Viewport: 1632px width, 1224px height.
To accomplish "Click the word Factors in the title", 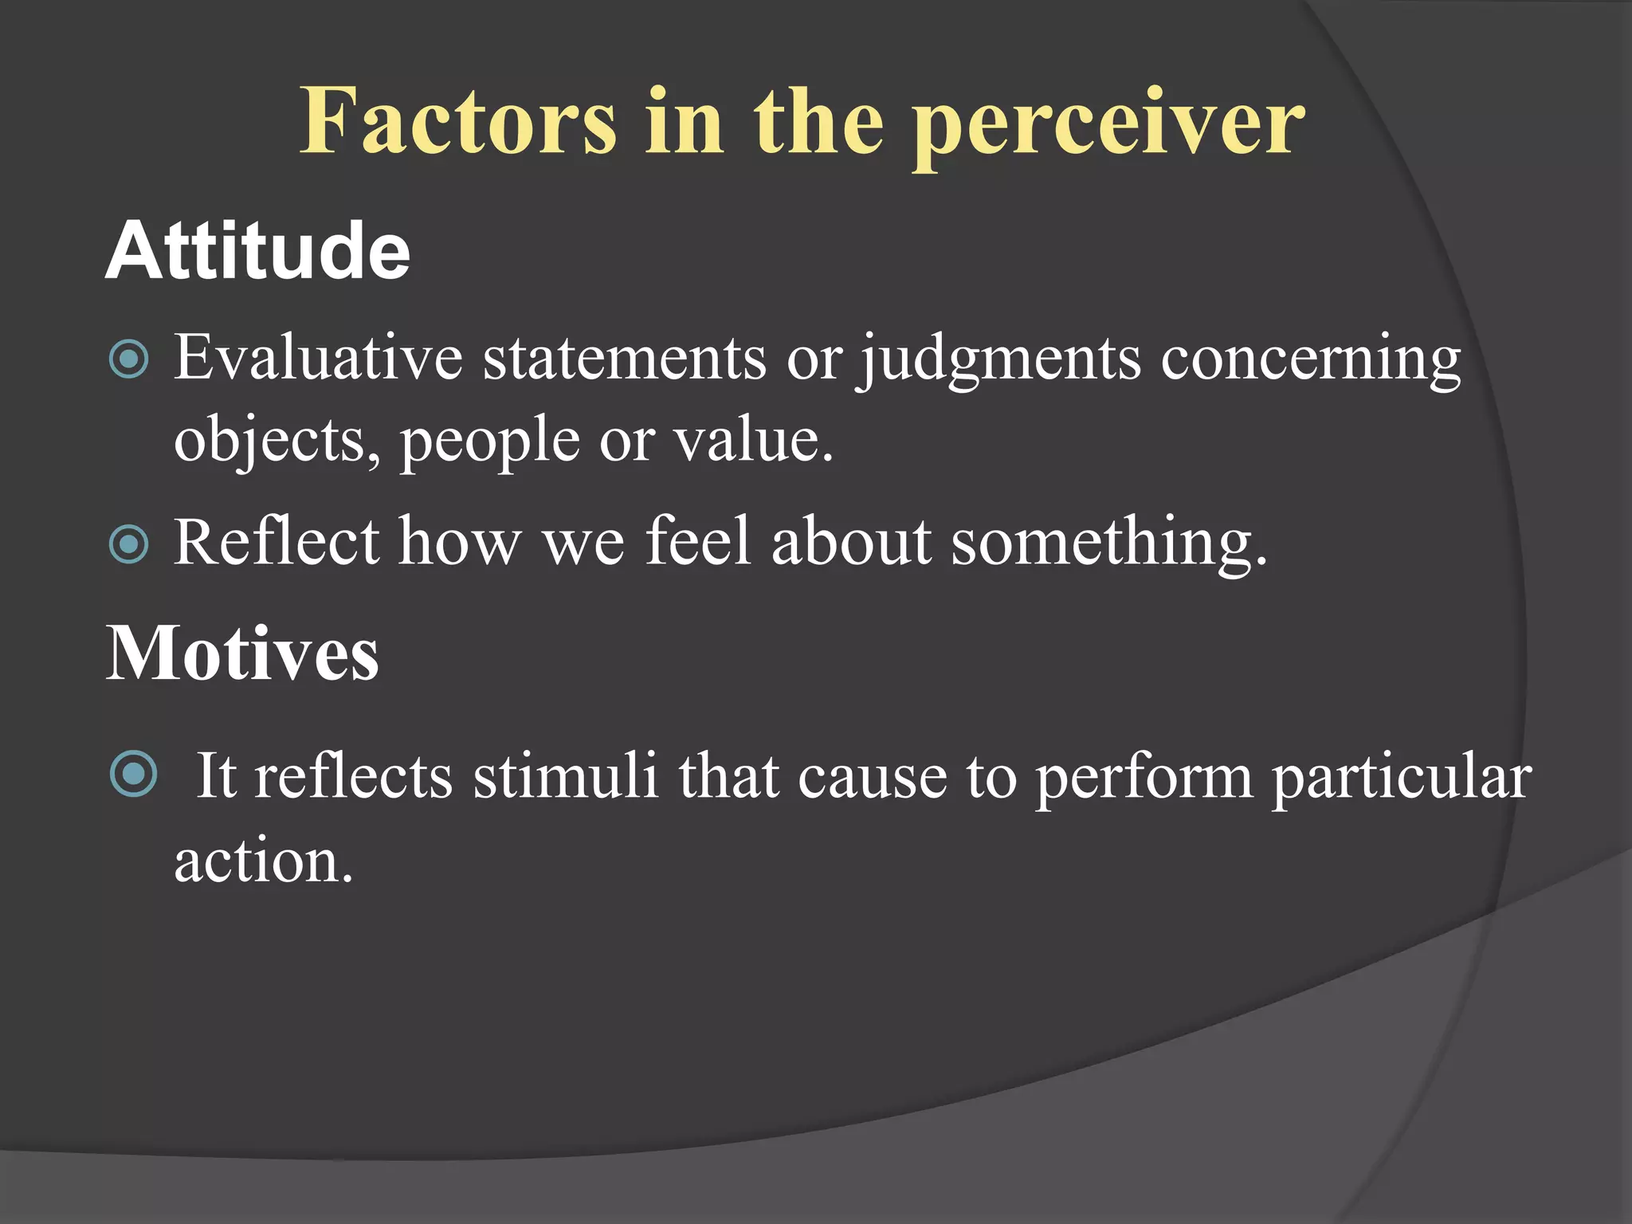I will [x=458, y=121].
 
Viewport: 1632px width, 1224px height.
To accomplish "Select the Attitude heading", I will [x=257, y=251].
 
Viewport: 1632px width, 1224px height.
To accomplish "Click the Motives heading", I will [x=242, y=653].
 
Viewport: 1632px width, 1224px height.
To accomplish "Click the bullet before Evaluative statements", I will [x=128, y=359].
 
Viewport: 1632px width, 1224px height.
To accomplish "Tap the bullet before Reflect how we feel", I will [x=128, y=544].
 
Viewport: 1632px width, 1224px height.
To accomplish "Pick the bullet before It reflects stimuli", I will [x=133, y=774].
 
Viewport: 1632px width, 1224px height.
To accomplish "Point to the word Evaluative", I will [x=318, y=357].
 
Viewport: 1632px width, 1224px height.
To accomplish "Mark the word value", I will [x=753, y=439].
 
